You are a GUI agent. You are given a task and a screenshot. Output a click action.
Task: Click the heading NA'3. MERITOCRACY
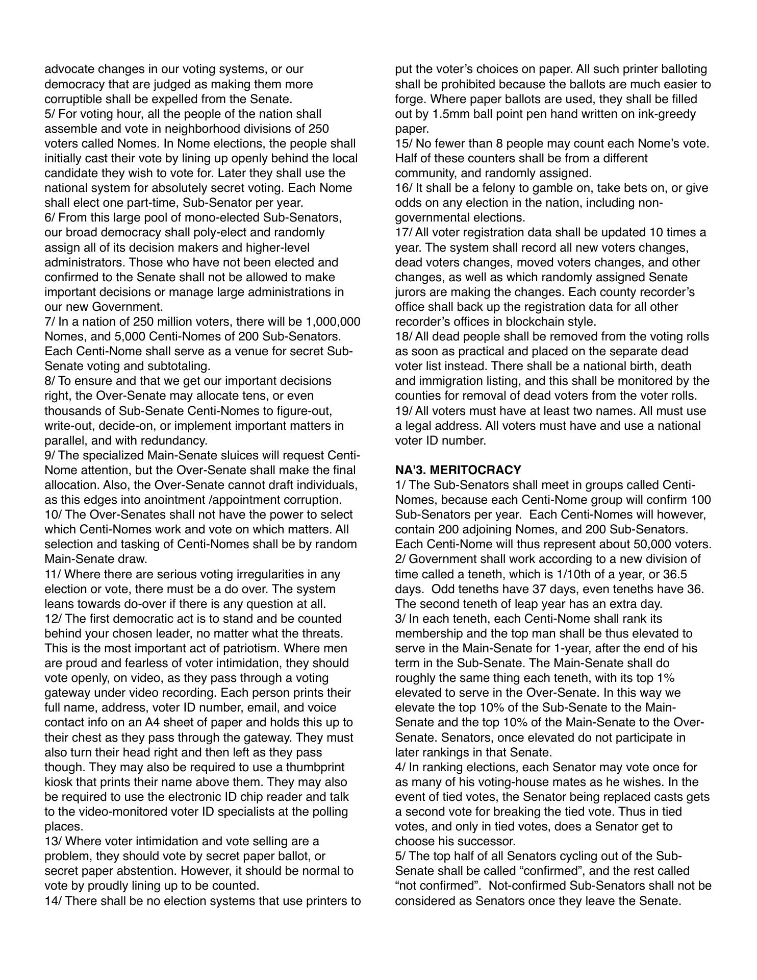pos(458,470)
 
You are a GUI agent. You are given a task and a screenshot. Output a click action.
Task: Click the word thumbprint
pos(315,768)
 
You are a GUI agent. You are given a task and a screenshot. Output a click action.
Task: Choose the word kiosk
pos(60,782)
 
